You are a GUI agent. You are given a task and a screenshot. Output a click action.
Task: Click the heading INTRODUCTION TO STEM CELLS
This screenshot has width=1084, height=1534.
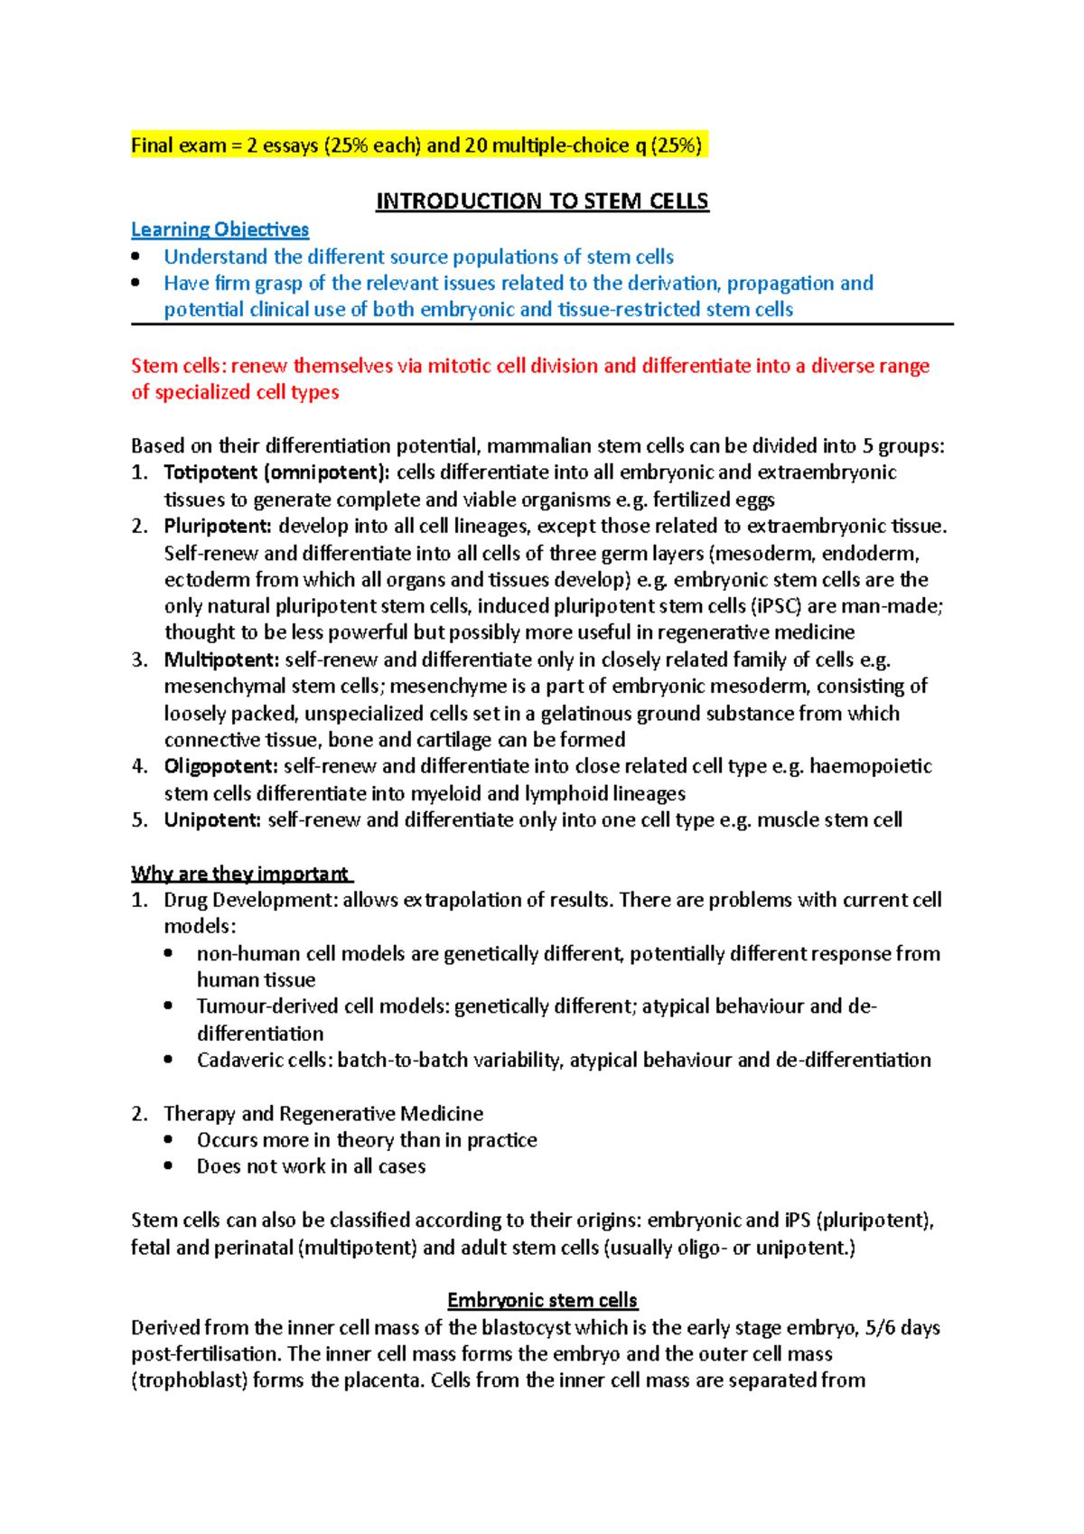pyautogui.click(x=542, y=201)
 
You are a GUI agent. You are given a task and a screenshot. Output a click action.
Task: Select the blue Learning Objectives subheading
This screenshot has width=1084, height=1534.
pyautogui.click(x=220, y=229)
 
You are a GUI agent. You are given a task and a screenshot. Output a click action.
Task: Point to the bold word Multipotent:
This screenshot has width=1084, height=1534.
pyautogui.click(x=221, y=659)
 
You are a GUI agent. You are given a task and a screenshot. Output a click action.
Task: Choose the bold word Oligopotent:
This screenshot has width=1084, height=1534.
pyautogui.click(x=221, y=766)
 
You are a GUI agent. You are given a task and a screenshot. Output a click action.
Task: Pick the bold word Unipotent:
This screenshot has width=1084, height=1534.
pyautogui.click(x=213, y=820)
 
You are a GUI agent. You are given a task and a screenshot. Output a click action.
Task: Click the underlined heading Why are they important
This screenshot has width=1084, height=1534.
pyautogui.click(x=240, y=874)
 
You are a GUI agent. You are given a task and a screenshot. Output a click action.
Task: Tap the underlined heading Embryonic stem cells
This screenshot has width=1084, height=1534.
pyautogui.click(x=542, y=1300)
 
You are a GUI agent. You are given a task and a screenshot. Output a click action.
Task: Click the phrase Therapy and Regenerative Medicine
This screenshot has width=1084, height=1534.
pyautogui.click(x=323, y=1113)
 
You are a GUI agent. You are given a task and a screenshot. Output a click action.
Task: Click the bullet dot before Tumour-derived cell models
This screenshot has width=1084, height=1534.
pyautogui.click(x=169, y=1006)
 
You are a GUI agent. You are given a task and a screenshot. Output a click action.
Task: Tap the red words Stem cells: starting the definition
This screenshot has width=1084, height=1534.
pyautogui.click(x=178, y=366)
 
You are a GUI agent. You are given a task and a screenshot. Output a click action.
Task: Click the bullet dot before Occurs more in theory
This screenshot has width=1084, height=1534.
pyautogui.click(x=169, y=1139)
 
